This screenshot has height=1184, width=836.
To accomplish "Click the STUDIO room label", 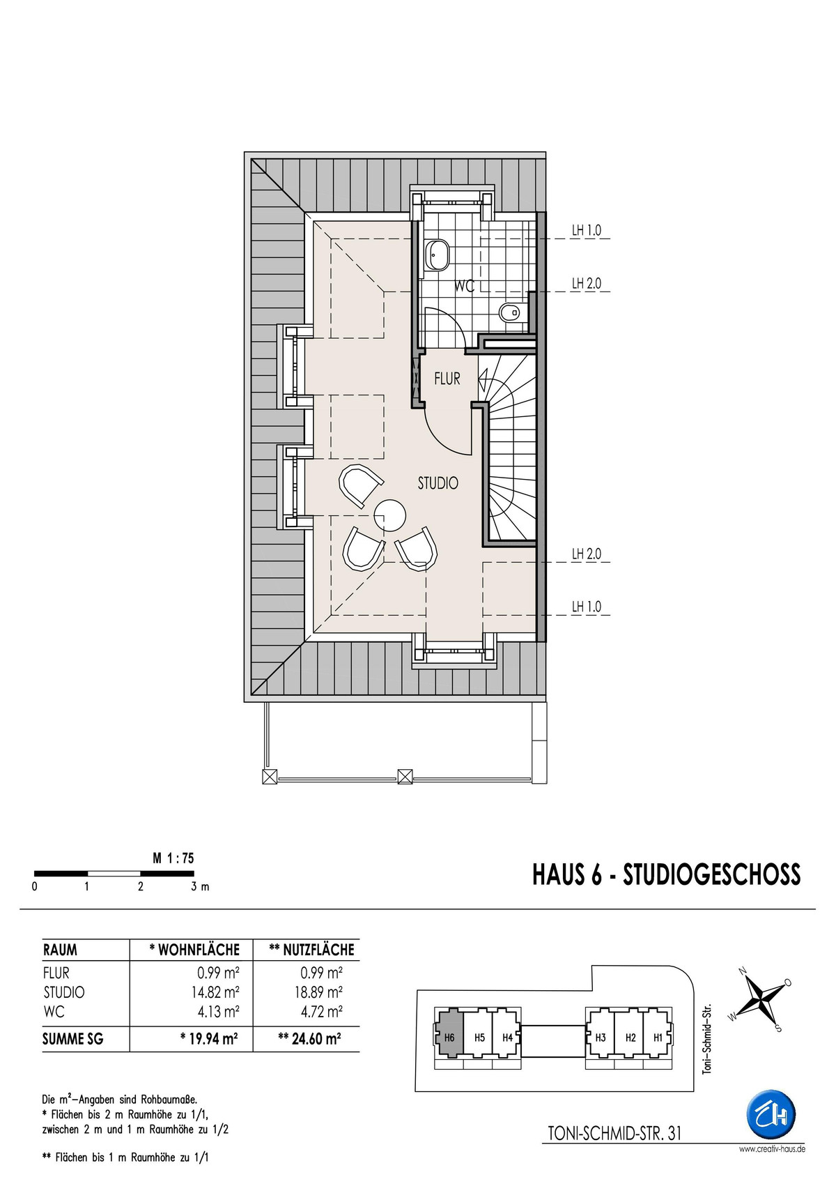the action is pos(438,483).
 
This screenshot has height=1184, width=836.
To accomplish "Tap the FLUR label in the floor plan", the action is pos(447,379).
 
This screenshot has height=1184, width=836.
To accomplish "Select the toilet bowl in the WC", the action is pos(511,313).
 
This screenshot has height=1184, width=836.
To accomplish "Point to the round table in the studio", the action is pos(389,516).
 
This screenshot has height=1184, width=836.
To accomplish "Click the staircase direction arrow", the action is pos(484,379).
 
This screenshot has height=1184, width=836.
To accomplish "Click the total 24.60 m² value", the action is pos(309,1039).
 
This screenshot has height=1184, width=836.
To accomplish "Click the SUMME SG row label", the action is pos(73,1039).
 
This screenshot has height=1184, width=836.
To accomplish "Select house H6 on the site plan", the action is pos(449,1038).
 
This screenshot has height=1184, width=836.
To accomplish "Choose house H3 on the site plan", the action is pos(601,1038).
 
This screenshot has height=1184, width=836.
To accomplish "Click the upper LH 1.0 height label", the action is pos(586,231).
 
